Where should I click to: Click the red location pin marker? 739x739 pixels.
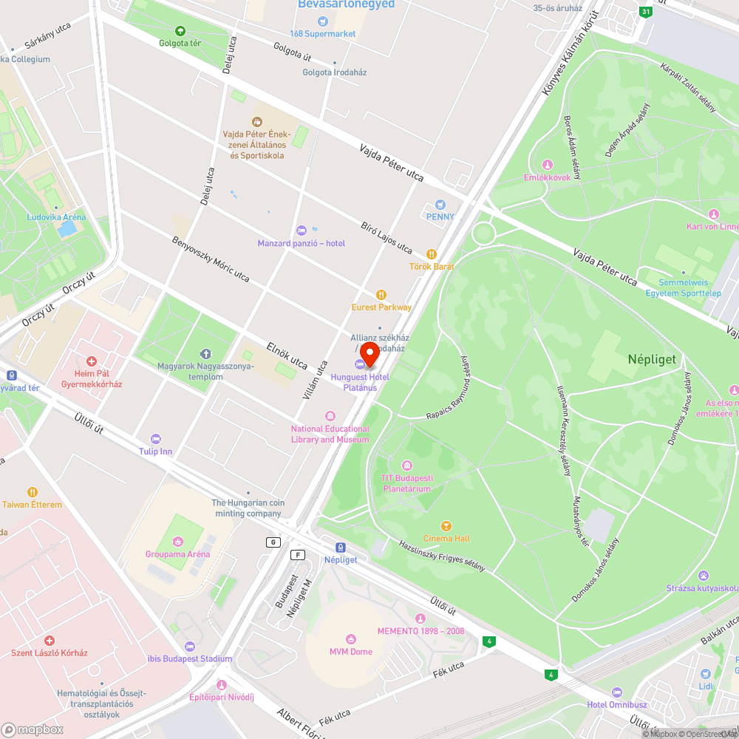pos(369,353)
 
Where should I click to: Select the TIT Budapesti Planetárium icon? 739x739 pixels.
pos(406,465)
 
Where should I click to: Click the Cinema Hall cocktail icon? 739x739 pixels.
pos(446,525)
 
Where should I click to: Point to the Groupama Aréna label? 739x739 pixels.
pos(177,554)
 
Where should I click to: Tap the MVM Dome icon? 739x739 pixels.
pos(350,638)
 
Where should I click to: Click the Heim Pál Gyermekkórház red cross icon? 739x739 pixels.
pos(92,361)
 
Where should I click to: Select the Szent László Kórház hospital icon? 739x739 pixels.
pos(49,640)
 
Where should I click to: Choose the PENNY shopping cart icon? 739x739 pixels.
pos(440,204)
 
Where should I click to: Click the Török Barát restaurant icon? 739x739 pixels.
pos(432,253)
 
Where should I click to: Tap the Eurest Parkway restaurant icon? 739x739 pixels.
pos(381,294)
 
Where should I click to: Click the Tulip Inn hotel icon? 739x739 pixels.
pos(155,439)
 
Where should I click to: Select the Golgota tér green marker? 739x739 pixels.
pos(180,30)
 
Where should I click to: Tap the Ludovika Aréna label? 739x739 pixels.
pos(56,217)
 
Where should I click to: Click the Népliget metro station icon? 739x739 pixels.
pos(341,548)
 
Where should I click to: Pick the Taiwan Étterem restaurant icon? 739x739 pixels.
pos(33,491)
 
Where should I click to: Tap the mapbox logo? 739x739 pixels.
pos(33,729)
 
